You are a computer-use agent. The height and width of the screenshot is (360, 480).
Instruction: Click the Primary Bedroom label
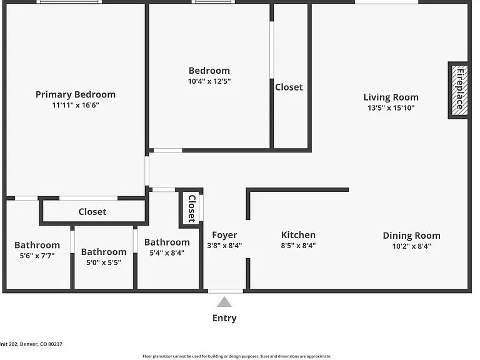(x=76, y=94)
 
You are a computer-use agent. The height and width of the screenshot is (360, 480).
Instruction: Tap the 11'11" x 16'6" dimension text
(x=76, y=105)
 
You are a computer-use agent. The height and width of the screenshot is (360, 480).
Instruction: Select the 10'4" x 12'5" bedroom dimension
(x=209, y=81)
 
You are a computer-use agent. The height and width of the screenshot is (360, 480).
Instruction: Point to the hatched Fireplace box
(x=460, y=90)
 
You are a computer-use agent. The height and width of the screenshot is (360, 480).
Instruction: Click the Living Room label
(x=391, y=97)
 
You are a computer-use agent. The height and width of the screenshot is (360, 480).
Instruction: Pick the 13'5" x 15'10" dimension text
(x=391, y=107)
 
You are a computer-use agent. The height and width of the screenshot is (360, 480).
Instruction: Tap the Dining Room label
(x=412, y=236)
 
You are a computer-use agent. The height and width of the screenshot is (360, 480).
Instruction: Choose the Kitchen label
(x=299, y=235)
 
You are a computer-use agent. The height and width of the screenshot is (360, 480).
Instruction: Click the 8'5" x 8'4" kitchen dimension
(x=299, y=246)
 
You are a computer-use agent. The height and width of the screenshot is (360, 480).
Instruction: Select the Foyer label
(x=225, y=235)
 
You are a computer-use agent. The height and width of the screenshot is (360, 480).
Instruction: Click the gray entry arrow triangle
(x=224, y=302)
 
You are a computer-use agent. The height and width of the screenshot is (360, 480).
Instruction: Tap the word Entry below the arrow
(x=224, y=318)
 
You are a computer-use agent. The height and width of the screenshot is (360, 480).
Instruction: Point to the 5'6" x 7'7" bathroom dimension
(x=37, y=256)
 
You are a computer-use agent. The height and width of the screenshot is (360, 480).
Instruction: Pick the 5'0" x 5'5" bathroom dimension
(x=104, y=262)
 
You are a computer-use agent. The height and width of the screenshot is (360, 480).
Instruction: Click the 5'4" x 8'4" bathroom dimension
(x=167, y=253)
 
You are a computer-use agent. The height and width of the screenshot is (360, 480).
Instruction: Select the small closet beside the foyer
(x=192, y=209)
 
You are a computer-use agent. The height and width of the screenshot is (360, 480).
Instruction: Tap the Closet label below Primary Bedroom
(x=92, y=212)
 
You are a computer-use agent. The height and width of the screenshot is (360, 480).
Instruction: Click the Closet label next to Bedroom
(x=289, y=87)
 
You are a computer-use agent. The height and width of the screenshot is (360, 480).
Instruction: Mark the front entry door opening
(x=226, y=291)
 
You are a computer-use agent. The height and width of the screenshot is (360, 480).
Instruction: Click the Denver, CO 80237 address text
(x=41, y=344)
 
